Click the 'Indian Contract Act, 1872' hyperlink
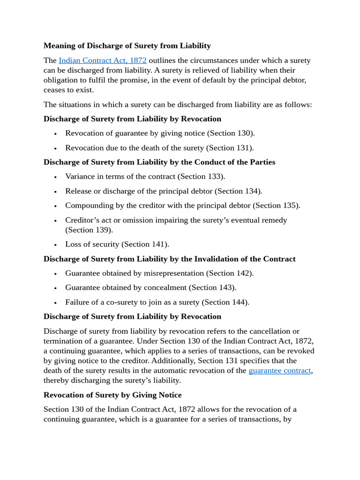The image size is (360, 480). point(102,60)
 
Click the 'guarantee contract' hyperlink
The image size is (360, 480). point(279,370)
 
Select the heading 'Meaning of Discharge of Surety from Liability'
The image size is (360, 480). point(127,45)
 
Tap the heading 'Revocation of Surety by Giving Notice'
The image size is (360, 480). point(112,395)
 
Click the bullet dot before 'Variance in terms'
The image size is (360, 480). point(55,177)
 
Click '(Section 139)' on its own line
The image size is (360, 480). point(89,230)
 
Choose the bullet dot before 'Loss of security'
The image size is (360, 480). point(55,245)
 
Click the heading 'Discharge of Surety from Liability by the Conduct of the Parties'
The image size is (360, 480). point(159,162)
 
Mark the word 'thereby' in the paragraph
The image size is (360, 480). point(56,380)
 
